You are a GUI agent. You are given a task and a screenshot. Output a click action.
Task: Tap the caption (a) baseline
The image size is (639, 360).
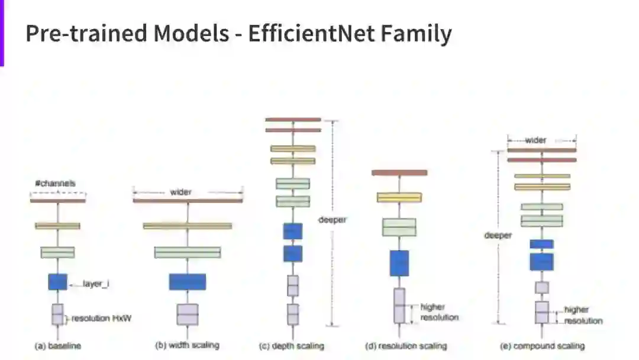pos(57,346)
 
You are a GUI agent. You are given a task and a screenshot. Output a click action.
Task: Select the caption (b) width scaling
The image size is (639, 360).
pos(186,346)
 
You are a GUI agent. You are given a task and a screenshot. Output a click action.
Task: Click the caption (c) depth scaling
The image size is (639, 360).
pos(292,346)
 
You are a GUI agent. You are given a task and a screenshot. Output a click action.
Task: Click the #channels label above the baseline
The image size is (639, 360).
pos(56,184)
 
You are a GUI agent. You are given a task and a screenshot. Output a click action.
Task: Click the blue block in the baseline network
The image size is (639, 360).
pos(57,282)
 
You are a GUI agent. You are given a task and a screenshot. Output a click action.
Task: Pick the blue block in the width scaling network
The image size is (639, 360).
pos(187,282)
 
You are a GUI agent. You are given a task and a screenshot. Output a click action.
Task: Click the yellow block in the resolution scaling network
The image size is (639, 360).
pos(399,197)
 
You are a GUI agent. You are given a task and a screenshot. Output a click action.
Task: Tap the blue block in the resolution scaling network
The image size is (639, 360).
pos(399,263)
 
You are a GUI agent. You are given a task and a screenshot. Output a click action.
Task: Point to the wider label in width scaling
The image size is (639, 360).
pos(181,192)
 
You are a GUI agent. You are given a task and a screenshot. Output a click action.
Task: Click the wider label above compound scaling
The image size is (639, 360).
pos(536,140)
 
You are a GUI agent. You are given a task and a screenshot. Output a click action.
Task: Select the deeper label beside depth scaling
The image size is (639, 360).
pos(336,220)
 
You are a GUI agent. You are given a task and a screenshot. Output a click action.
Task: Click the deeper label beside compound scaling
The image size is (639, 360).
pos(498,235)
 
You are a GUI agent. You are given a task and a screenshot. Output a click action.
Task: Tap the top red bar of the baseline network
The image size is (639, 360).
pos(57,201)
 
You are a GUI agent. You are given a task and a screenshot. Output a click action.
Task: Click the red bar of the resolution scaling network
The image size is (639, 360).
pos(399,173)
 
